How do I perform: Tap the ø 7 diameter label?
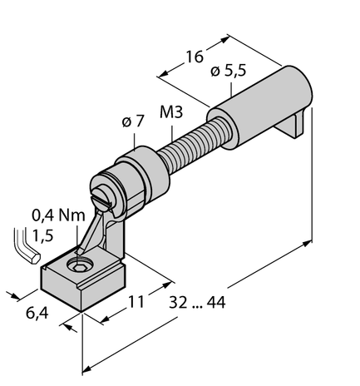tap(133, 122)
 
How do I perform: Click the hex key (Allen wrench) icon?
tap(27, 249)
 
